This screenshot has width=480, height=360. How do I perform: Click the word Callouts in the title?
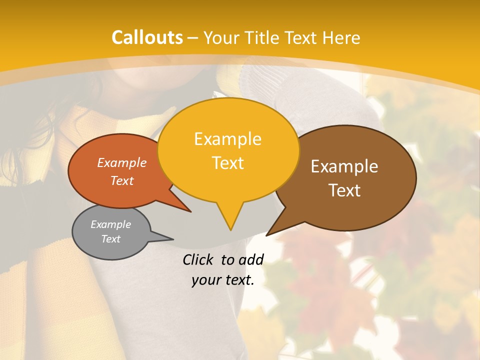coord(147,37)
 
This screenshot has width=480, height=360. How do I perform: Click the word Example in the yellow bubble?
coord(227,139)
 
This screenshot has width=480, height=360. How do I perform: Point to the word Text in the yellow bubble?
coord(227,163)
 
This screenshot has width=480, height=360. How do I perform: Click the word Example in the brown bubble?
coord(344,166)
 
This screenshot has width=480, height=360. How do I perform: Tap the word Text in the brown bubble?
coord(344,190)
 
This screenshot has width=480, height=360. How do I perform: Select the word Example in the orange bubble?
coord(122,163)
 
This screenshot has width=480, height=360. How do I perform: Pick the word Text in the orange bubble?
coord(122,181)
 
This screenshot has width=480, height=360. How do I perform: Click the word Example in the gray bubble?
coord(110,225)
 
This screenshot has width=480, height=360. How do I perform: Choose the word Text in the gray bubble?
coord(110,239)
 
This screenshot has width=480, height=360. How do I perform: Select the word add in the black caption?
coord(251,259)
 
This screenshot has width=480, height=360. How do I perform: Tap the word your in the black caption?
coord(205,280)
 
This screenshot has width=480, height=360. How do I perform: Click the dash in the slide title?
coord(193,38)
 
